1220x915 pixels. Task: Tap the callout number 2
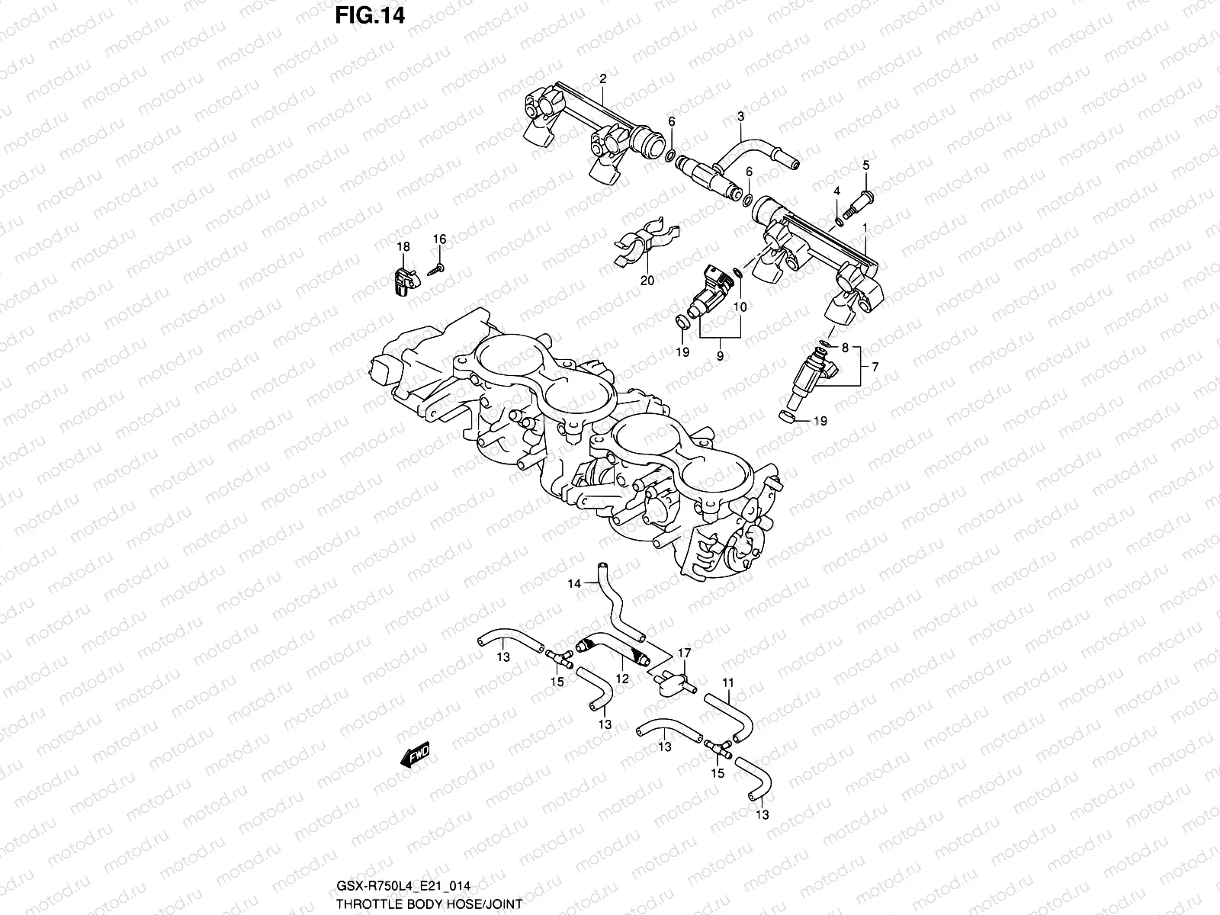602,79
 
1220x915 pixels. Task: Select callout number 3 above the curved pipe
740,117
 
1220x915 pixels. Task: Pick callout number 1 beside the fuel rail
865,228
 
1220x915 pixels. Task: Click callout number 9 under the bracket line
720,355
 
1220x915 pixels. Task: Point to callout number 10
740,307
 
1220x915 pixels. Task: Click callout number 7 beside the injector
875,367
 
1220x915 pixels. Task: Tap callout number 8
845,348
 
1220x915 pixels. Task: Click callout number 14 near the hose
573,584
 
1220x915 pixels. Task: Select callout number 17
684,653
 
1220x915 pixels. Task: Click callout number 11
728,682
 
